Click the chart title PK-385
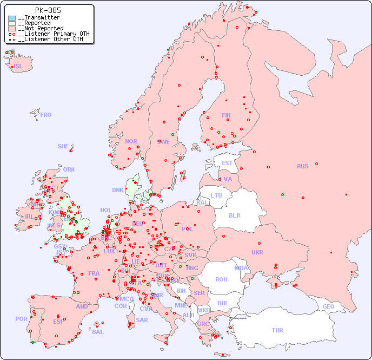pyautogui.click(x=48, y=10)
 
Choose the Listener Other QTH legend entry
pyautogui.click(x=50, y=39)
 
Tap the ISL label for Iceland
pyautogui.click(x=18, y=67)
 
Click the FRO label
pyautogui.click(x=46, y=115)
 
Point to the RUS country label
pyautogui.click(x=302, y=166)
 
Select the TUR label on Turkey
pyautogui.click(x=277, y=330)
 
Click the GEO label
pyautogui.click(x=328, y=306)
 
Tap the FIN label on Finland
pyautogui.click(x=226, y=115)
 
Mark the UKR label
pyautogui.click(x=257, y=252)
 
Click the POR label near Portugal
pyautogui.click(x=21, y=319)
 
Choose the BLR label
pyautogui.click(x=235, y=215)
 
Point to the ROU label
pyautogui.click(x=221, y=279)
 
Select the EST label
pyautogui.click(x=227, y=163)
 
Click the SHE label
pyautogui.click(x=63, y=146)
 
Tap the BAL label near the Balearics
pyautogui.click(x=98, y=332)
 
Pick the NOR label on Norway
pyautogui.click(x=131, y=141)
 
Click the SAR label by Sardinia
pyautogui.click(x=142, y=320)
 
